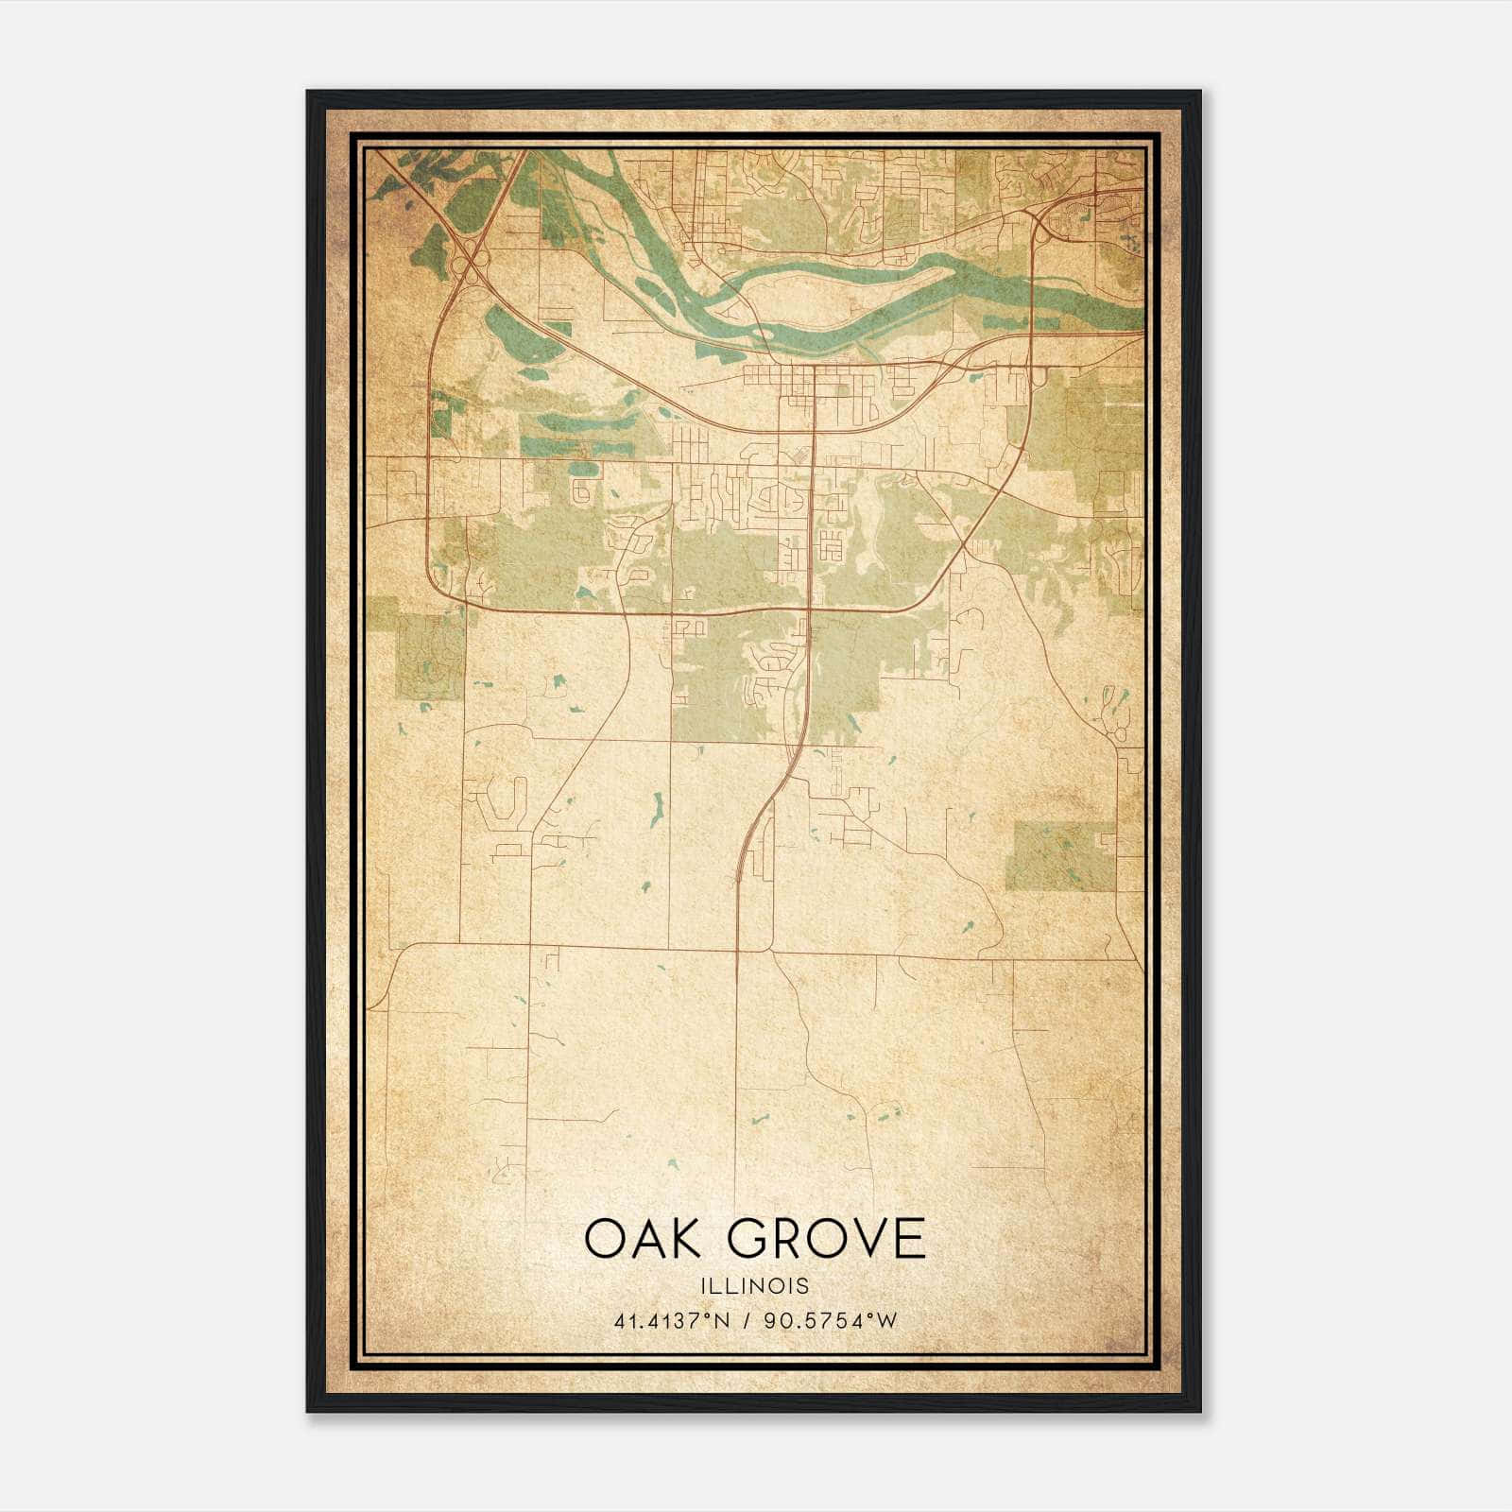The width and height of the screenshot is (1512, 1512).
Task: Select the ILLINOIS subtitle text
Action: pos(754,1286)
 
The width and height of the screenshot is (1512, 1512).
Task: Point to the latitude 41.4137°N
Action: pos(671,1321)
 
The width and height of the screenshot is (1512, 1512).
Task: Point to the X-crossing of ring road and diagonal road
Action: pos(962,545)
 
